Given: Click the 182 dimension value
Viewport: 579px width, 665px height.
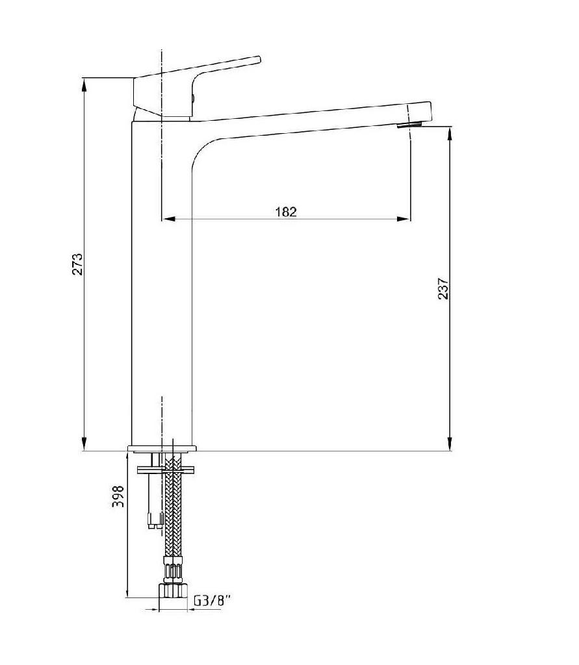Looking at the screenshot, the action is [x=286, y=211].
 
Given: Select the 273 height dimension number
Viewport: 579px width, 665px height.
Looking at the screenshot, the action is [x=78, y=264].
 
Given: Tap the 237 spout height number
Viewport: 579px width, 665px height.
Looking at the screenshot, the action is [x=443, y=288].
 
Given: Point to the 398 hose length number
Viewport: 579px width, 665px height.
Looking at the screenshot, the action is [x=118, y=497].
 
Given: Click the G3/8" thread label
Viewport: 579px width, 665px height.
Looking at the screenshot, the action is [x=212, y=601].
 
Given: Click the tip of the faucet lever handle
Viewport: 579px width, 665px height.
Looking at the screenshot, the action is [x=258, y=60].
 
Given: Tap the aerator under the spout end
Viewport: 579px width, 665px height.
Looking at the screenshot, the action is [x=409, y=125].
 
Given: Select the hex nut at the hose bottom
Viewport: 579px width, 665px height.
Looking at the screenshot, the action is [x=173, y=590].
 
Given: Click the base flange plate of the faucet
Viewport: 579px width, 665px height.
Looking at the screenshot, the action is [x=162, y=448].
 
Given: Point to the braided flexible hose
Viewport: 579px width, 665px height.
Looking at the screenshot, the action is [x=173, y=513].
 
